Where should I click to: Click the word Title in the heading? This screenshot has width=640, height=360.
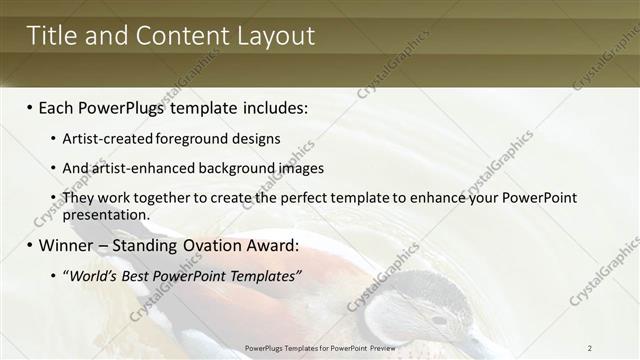[48, 36]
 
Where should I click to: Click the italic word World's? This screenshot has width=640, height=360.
[91, 276]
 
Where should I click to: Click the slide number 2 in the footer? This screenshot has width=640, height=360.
[590, 347]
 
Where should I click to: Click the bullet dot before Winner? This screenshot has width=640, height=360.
[30, 245]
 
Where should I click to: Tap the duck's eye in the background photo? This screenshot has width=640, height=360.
[438, 320]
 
